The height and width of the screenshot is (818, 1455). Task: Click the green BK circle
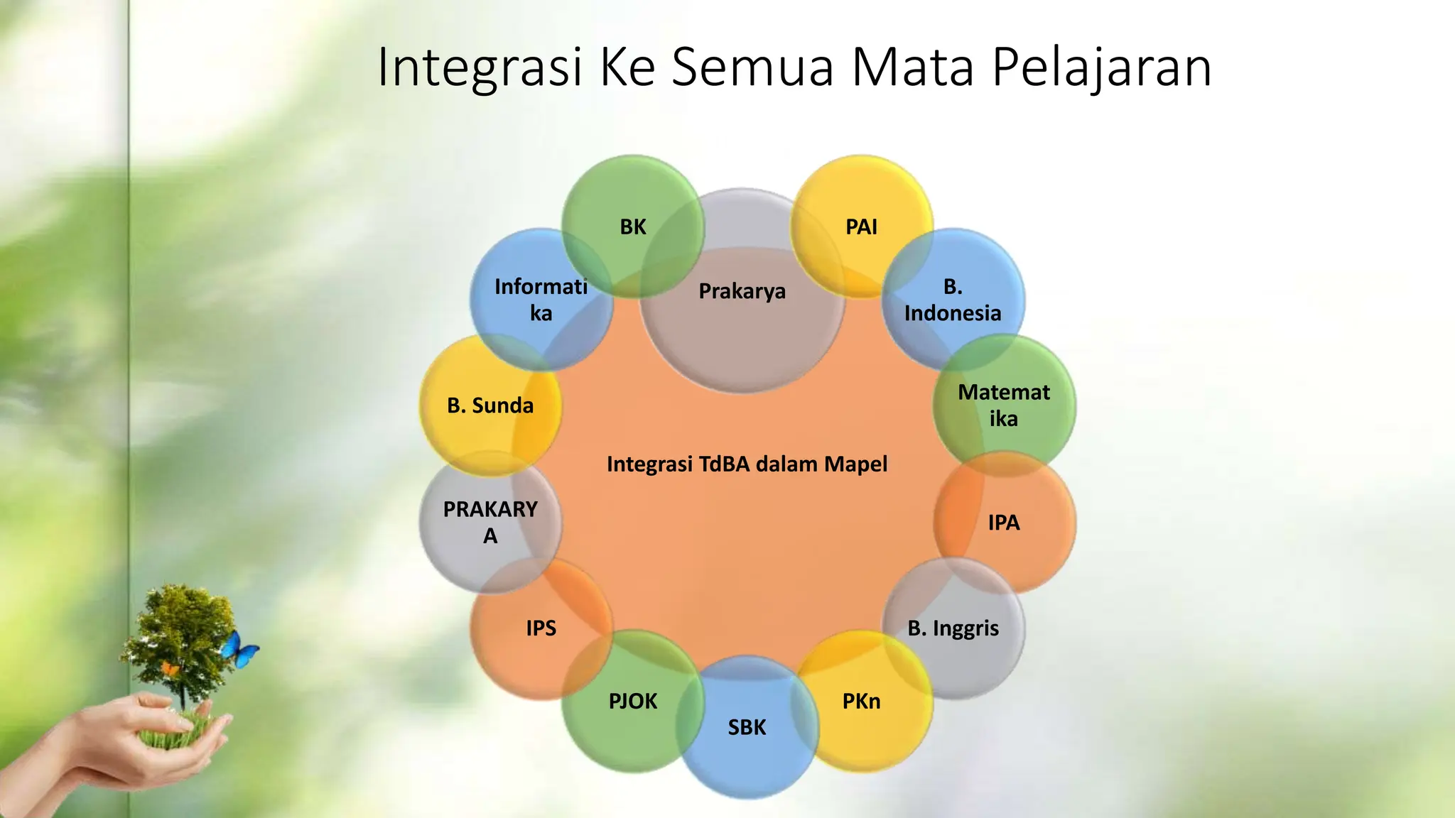tap(632, 227)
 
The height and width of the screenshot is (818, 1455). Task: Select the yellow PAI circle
tap(861, 227)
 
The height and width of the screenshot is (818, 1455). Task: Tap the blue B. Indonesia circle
tap(953, 300)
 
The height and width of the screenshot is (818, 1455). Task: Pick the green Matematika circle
tap(1003, 405)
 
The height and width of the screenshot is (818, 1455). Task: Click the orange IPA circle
tap(1003, 523)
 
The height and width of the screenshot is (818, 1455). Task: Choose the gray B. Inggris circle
tap(953, 628)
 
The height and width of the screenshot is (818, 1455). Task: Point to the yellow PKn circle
tap(861, 702)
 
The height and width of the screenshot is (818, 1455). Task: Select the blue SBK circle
tap(747, 727)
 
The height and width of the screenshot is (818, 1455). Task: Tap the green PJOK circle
tap(632, 702)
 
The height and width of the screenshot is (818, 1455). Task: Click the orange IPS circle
tap(541, 628)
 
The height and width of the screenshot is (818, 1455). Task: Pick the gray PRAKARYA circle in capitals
tap(490, 523)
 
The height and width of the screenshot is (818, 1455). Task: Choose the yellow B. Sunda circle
tap(490, 405)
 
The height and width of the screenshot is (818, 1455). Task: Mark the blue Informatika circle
tap(541, 300)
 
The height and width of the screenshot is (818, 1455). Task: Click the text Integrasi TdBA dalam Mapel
tap(747, 464)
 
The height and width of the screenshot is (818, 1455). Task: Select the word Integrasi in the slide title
tap(480, 67)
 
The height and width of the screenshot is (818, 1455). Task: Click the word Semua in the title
tap(752, 67)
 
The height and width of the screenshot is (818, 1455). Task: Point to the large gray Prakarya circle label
tap(742, 291)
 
